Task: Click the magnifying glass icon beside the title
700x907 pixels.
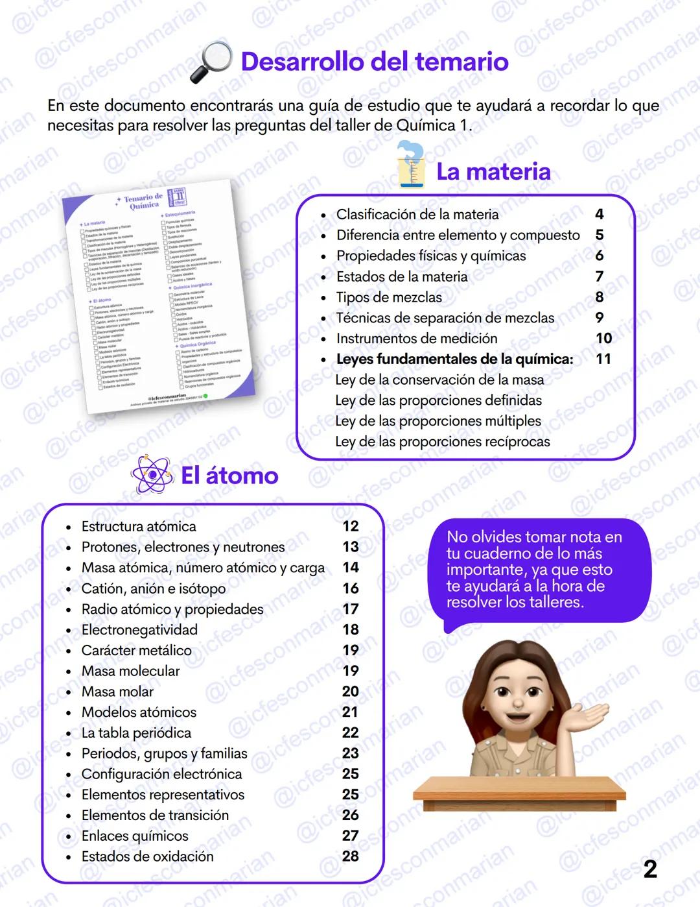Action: pos(211,62)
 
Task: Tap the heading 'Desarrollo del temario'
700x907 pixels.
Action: pos(375,62)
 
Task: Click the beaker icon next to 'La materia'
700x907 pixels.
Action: pos(411,165)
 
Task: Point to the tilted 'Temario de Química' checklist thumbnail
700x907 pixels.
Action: pos(159,296)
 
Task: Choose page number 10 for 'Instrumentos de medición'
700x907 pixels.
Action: pos(603,338)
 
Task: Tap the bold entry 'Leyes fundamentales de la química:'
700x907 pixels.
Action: pos(454,359)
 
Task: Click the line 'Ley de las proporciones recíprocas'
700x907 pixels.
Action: pos(442,442)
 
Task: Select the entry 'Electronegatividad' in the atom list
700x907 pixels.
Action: pos(139,629)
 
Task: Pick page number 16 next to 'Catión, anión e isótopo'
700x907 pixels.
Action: pos(351,588)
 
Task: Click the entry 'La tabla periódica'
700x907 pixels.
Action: pos(136,732)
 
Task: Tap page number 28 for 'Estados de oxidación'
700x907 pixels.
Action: pos(351,856)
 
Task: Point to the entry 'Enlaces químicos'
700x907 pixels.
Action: pos(135,836)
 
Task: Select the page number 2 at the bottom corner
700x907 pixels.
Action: pos(650,869)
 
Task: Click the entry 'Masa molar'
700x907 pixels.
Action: pos(117,692)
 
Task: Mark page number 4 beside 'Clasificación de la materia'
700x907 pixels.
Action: pos(599,214)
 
